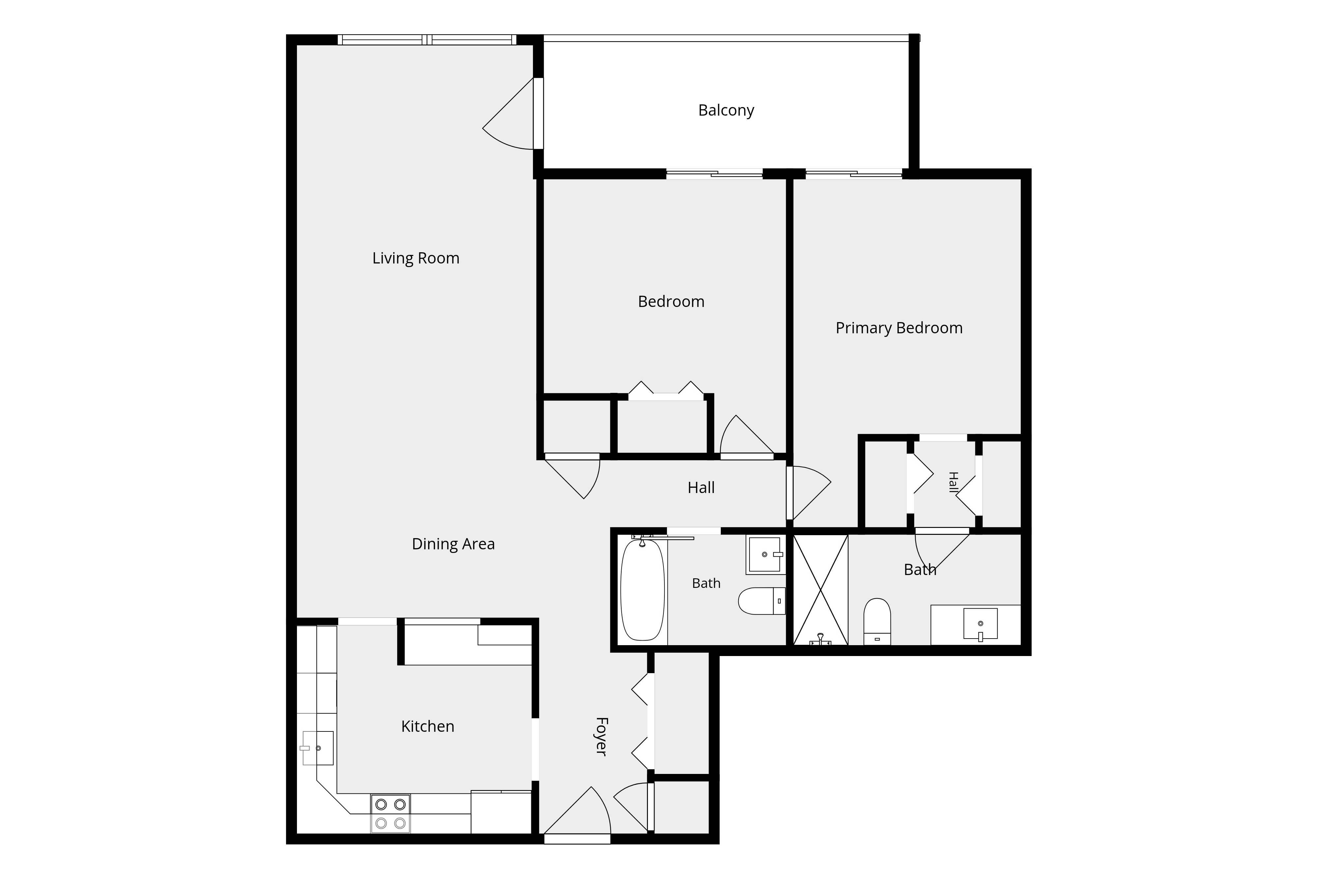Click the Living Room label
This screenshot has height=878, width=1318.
(x=416, y=258)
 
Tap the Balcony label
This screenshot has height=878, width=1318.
(x=726, y=110)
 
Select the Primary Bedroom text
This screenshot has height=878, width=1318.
(x=899, y=328)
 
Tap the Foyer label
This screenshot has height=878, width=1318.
(x=601, y=736)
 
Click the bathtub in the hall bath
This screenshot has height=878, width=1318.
(x=643, y=590)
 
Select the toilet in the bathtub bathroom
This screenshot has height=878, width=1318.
(x=762, y=601)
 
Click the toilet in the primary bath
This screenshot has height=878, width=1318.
(x=877, y=621)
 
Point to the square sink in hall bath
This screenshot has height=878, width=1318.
(x=765, y=554)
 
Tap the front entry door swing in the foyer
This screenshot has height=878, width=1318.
(x=577, y=813)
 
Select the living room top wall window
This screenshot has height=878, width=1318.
(x=427, y=40)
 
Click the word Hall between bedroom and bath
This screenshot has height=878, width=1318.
(x=701, y=488)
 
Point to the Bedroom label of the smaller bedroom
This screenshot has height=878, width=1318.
(x=671, y=302)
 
